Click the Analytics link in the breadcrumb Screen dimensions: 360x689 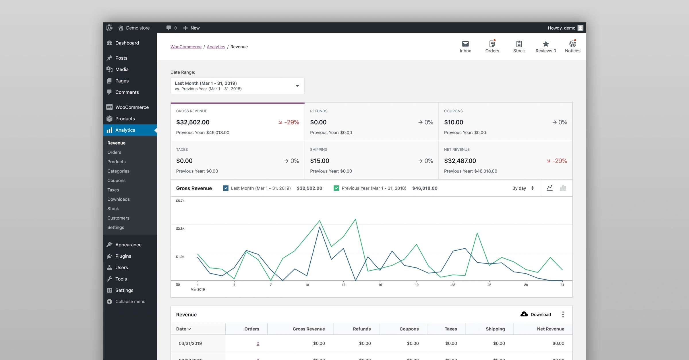tap(216, 47)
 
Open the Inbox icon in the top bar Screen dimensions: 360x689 tap(465, 44)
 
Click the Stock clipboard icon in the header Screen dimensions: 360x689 tap(519, 44)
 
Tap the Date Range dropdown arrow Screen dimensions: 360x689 tap(297, 86)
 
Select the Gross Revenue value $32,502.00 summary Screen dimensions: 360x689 tap(193, 122)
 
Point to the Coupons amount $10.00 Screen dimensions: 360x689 tap(454, 122)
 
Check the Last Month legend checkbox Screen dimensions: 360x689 tap(226, 188)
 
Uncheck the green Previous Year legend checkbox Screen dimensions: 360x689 tap(336, 188)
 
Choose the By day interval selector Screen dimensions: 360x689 tap(523, 188)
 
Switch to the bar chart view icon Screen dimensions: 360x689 tap(563, 188)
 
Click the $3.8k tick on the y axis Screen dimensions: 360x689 tap(180, 229)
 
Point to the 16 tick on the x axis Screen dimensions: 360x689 tap(380, 285)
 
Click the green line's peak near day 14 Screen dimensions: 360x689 tap(355, 219)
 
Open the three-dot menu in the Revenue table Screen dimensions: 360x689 tap(563, 314)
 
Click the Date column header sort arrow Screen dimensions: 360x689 tap(189, 329)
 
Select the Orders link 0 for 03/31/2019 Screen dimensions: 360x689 tap(258, 343)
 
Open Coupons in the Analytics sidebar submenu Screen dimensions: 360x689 tap(116, 180)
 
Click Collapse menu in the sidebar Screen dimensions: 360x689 tap(130, 301)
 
